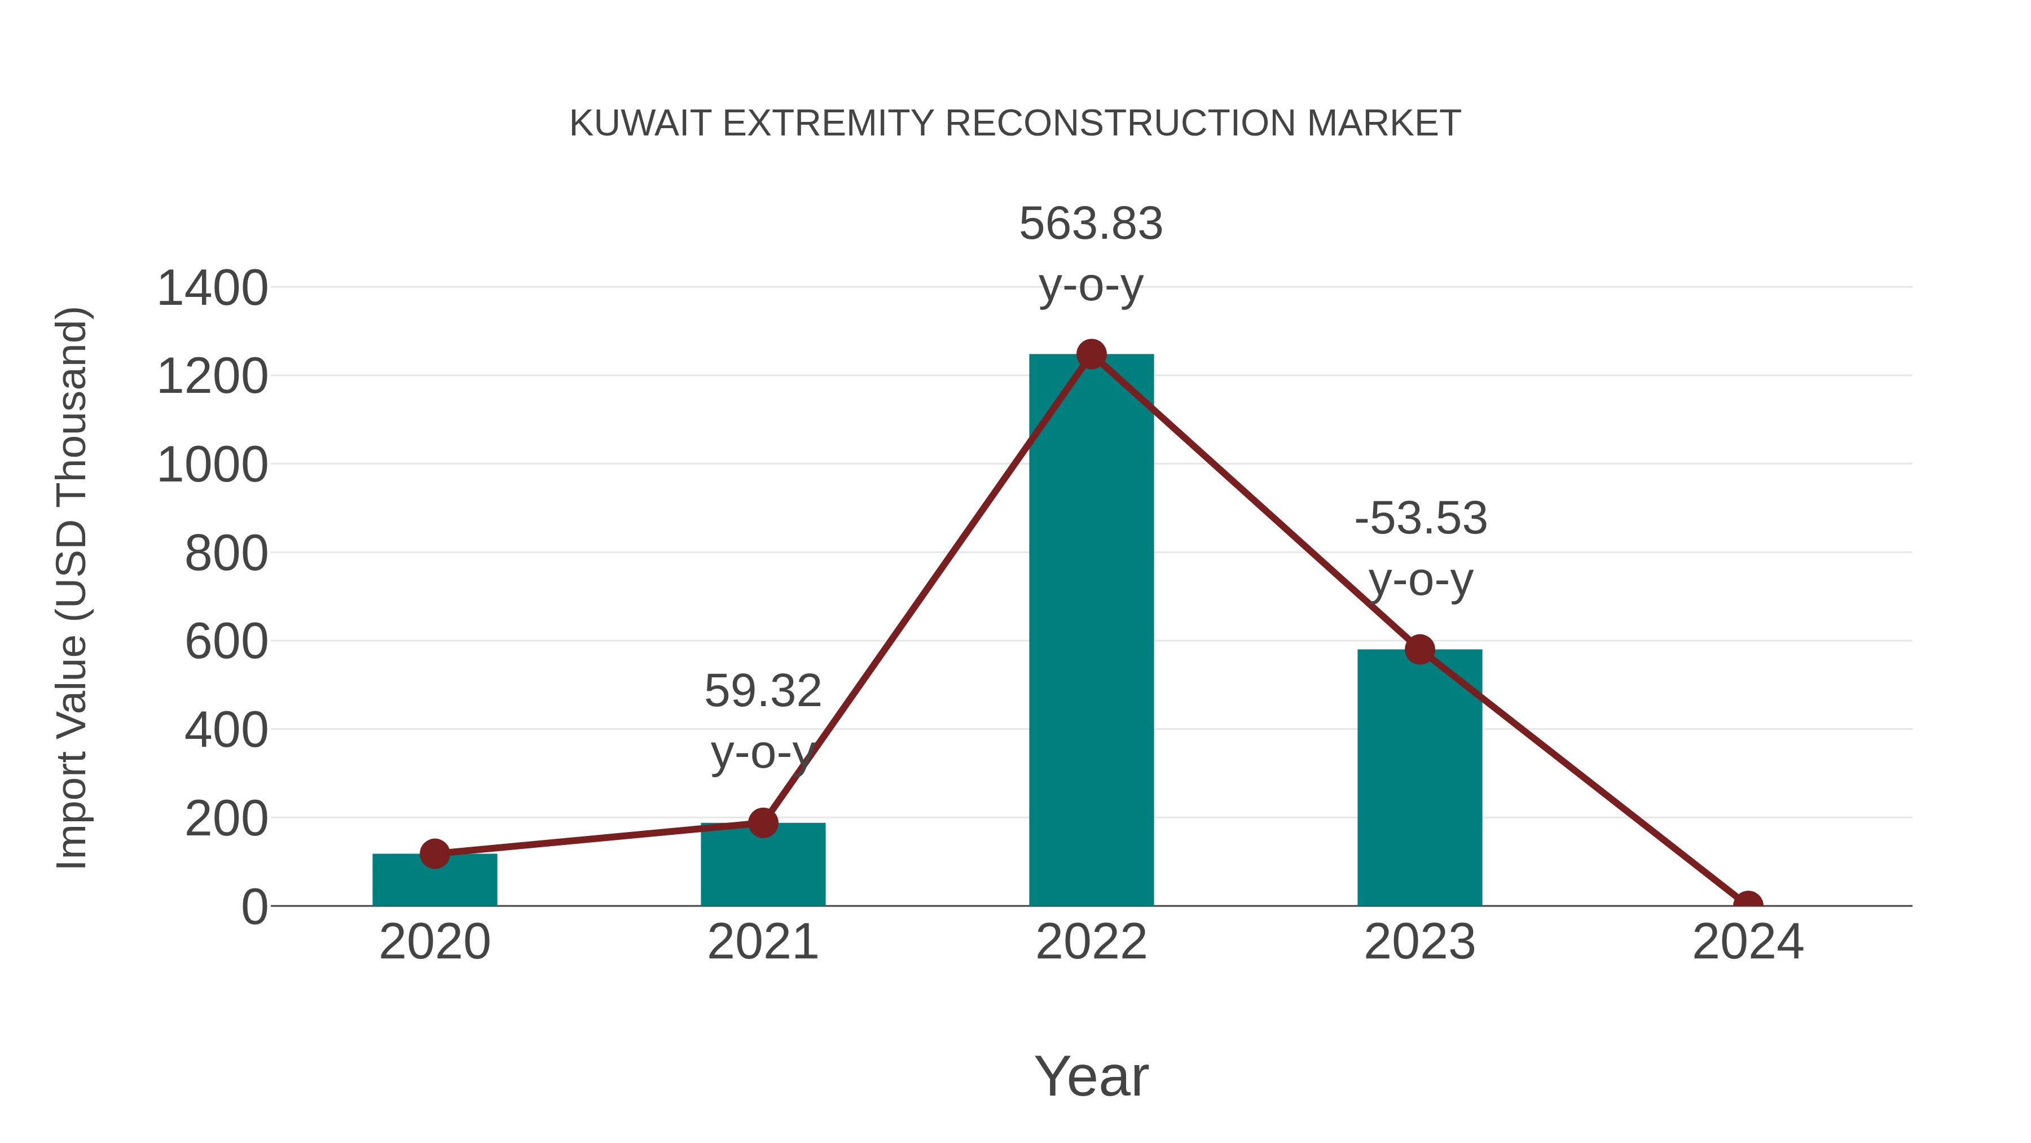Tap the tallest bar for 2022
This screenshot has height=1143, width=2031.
(x=1091, y=631)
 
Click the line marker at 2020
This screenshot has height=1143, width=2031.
(x=434, y=853)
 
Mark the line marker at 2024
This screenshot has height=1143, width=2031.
(x=1747, y=904)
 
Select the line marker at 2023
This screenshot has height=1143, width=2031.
(x=1419, y=649)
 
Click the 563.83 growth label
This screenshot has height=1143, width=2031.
(x=1091, y=224)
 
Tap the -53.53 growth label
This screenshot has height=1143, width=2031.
(x=1421, y=519)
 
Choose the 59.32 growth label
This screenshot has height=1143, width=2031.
(x=762, y=692)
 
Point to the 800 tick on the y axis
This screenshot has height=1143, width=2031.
(x=226, y=553)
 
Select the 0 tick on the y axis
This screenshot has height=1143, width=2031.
(x=254, y=907)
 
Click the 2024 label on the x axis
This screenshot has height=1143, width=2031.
(x=1747, y=942)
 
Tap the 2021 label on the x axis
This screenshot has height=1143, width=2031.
(x=762, y=942)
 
